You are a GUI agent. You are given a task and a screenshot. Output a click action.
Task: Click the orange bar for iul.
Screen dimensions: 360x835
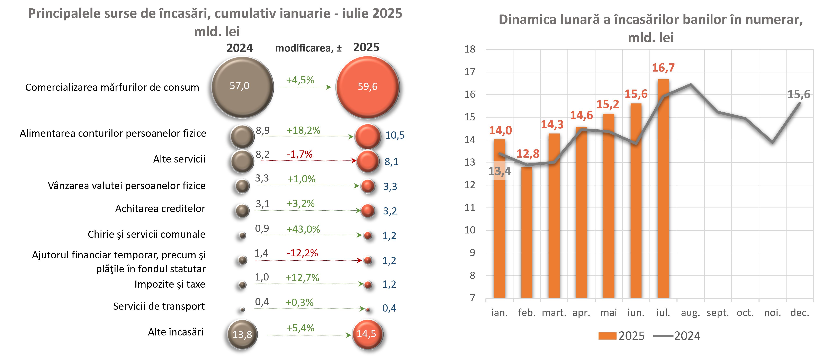click(663, 188)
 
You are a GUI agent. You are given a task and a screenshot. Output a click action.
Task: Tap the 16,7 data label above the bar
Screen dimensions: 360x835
click(663, 68)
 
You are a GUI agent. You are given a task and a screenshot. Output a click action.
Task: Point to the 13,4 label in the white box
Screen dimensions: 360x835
click(500, 171)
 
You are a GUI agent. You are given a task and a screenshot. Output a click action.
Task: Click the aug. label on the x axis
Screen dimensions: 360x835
click(690, 313)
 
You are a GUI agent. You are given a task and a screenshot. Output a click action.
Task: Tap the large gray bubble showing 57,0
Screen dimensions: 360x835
click(242, 87)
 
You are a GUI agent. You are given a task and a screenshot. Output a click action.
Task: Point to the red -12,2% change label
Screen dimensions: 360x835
click(302, 253)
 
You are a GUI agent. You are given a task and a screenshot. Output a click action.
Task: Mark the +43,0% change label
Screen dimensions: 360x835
click(303, 229)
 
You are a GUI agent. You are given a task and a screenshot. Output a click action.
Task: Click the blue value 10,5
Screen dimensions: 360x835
click(394, 135)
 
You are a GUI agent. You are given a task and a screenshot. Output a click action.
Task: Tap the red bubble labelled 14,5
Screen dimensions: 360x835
click(367, 334)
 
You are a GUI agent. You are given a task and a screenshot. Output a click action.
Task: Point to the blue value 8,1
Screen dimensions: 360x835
click(391, 162)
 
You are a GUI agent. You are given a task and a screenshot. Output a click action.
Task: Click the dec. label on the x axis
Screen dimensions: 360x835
click(800, 313)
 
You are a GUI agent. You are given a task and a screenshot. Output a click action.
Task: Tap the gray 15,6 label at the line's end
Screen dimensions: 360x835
click(799, 94)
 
